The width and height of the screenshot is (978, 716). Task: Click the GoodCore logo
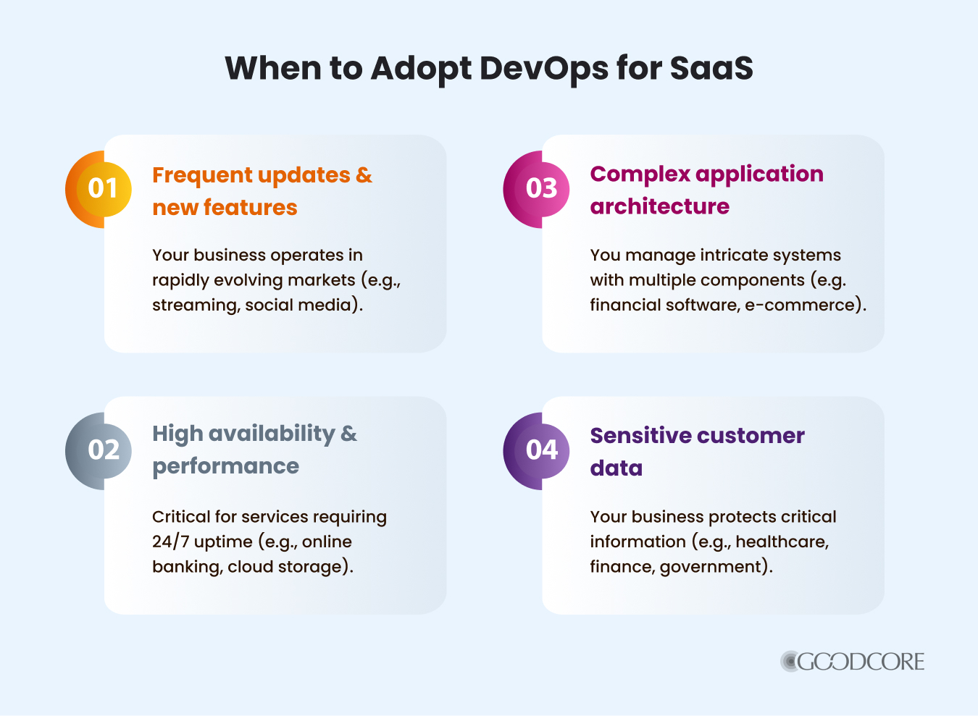853,661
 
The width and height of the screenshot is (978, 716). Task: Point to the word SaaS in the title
711,69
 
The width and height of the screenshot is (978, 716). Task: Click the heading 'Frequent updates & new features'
261,191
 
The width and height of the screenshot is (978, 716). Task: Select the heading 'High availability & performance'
254,450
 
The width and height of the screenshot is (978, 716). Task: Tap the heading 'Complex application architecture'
706,190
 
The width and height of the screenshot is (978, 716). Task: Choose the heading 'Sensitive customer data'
696,451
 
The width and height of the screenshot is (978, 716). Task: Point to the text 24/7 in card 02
171,542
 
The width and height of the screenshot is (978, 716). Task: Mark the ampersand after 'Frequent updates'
364,175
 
